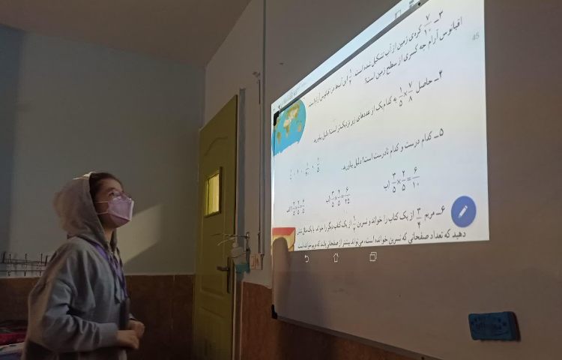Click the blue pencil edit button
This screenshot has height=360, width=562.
(x=463, y=211)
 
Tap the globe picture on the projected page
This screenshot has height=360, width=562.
(x=289, y=126)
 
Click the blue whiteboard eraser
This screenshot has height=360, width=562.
(x=494, y=326)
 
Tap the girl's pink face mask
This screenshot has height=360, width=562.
(x=116, y=209)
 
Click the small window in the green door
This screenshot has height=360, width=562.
(x=213, y=193)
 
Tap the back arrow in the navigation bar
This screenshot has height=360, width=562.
(x=306, y=259)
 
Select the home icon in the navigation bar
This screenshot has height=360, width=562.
(x=336, y=257)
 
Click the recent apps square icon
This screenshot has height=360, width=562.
(x=372, y=256)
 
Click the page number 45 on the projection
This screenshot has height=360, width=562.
(x=474, y=35)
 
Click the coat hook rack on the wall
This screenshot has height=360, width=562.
(x=22, y=262)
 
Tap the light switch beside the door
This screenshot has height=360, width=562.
(x=256, y=261)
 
